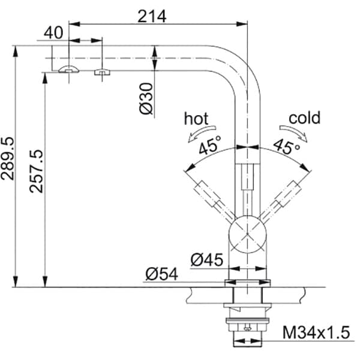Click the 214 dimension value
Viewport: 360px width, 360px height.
click(x=152, y=17)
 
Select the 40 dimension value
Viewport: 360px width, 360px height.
click(x=53, y=32)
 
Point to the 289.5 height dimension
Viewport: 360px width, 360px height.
click(x=7, y=158)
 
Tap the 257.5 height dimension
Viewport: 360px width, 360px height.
click(x=36, y=171)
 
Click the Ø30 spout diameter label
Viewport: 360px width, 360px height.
click(x=146, y=98)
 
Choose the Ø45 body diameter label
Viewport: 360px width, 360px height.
click(x=207, y=260)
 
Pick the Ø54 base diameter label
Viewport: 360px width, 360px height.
click(x=162, y=274)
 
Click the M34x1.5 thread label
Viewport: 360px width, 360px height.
click(x=316, y=332)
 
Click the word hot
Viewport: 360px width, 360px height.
click(x=196, y=118)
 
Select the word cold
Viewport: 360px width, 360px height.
click(x=304, y=118)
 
